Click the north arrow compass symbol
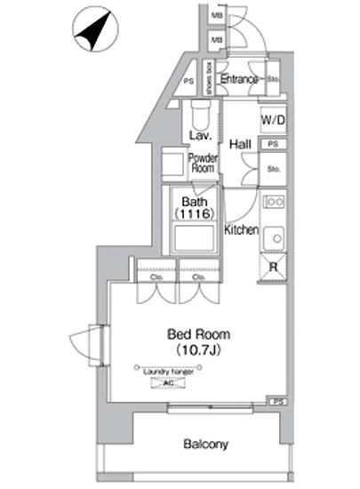tap(91, 32)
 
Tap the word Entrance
tap(239, 80)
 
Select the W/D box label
tap(272, 119)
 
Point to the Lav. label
tap(200, 135)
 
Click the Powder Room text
tap(203, 164)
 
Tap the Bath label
tap(196, 202)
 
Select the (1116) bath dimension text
tap(197, 214)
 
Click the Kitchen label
tap(241, 230)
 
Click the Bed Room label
tap(199, 334)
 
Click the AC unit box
tap(167, 383)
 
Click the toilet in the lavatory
tap(199, 114)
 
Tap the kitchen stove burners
tap(274, 202)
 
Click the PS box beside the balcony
tap(278, 402)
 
